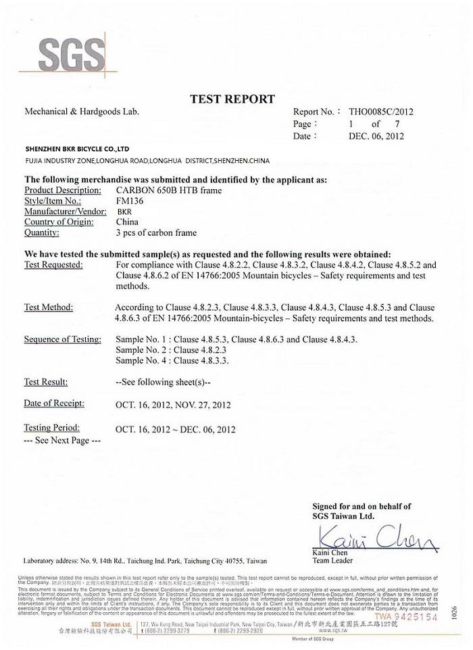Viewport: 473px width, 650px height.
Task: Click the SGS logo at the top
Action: [x=72, y=53]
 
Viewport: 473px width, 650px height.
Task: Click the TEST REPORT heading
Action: [x=232, y=99]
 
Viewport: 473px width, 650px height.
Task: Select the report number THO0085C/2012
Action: [x=380, y=112]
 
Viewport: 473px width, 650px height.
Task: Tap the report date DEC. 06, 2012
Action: [x=376, y=136]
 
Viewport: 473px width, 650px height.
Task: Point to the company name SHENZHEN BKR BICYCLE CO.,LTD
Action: [x=76, y=149]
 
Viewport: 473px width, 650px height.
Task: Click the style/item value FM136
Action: [x=127, y=201]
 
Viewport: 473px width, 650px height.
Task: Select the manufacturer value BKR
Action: [x=125, y=211]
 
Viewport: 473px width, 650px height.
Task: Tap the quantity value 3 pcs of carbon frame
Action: [x=156, y=233]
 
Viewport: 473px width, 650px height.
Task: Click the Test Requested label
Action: [x=53, y=265]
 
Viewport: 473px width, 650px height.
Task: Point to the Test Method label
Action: [x=49, y=307]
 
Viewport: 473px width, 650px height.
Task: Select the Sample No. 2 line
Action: [x=171, y=350]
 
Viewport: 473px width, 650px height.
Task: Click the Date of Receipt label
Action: [x=54, y=403]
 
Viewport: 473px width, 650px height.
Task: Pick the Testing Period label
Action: [x=52, y=428]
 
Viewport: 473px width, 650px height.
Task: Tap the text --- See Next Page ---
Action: [x=62, y=440]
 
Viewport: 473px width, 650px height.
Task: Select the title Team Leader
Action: [x=332, y=561]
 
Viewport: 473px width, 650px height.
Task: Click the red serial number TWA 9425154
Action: [x=406, y=617]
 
